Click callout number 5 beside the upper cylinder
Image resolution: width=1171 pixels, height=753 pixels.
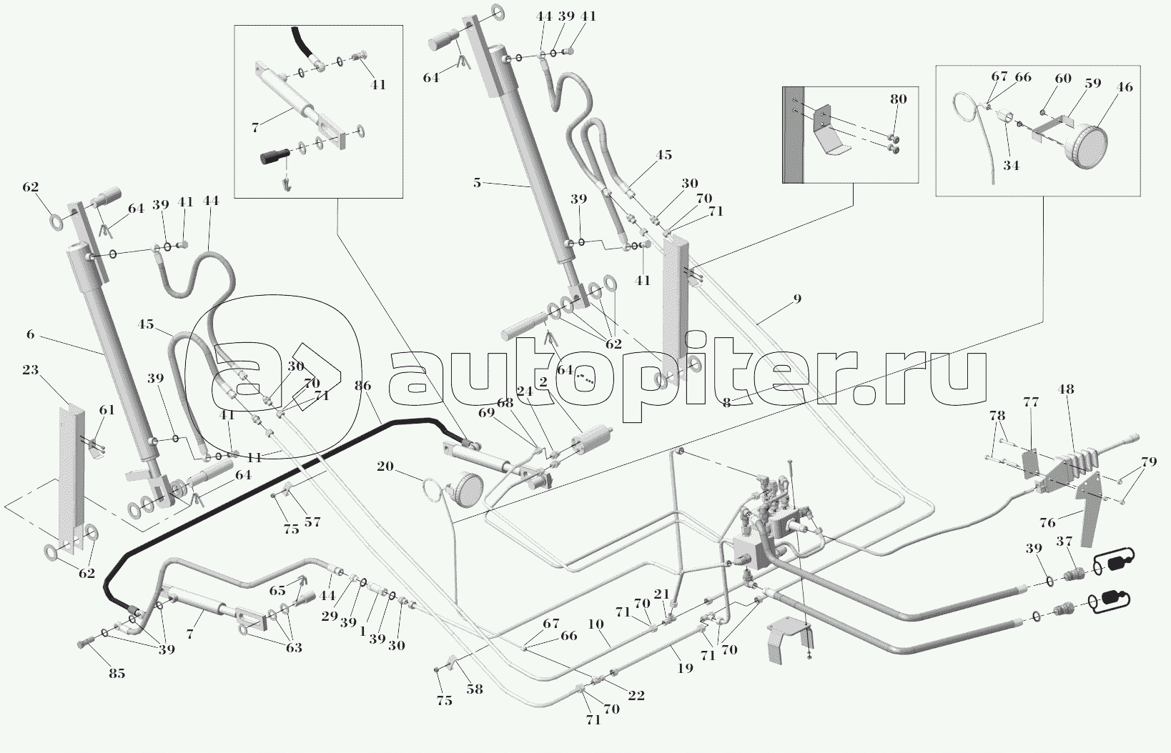[x=477, y=182]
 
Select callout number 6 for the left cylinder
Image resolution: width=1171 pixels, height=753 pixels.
[x=30, y=334]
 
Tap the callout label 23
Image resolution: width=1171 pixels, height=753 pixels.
[x=30, y=370]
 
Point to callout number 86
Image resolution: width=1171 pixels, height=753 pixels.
[x=362, y=387]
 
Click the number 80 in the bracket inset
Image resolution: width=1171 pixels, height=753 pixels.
[x=898, y=99]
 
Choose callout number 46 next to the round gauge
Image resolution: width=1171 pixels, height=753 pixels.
[x=1125, y=87]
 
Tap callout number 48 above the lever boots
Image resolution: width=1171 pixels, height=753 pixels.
[x=1066, y=390]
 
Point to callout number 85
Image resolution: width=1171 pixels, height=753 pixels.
[x=117, y=673]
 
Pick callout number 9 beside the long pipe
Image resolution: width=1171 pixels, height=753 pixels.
[x=797, y=299]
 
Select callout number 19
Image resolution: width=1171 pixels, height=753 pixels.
[x=685, y=669]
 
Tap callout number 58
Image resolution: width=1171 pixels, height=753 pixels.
[x=474, y=689]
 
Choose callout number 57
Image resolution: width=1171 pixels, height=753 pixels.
[x=312, y=522]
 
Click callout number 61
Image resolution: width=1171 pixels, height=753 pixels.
[x=107, y=410]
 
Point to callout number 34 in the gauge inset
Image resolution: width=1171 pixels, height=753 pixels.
[x=1010, y=166]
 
